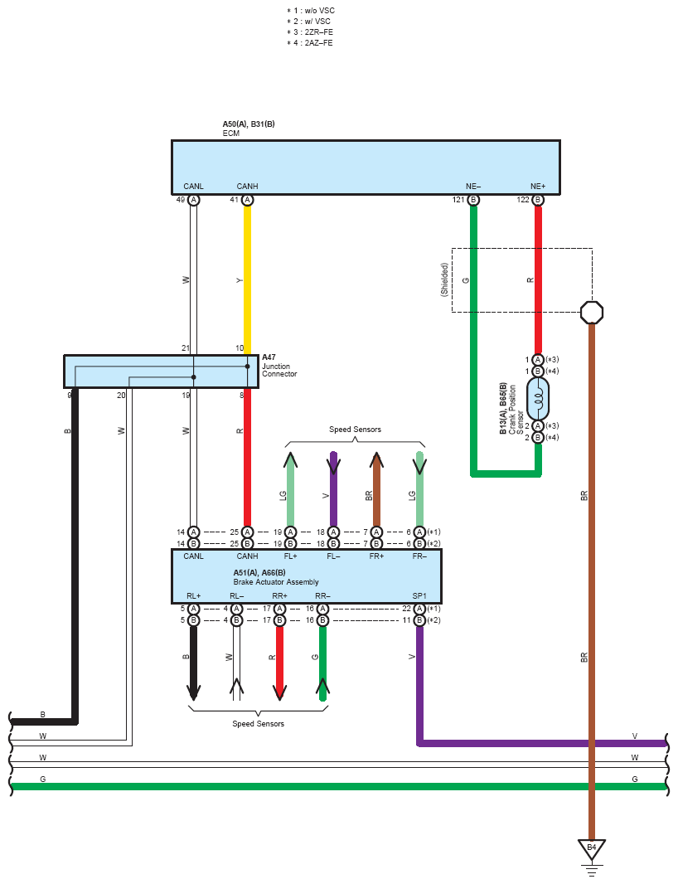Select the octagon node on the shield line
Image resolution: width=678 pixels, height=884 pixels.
(592, 313)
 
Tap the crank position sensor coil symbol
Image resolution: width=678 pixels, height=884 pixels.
(538, 399)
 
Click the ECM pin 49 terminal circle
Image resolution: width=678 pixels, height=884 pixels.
(193, 200)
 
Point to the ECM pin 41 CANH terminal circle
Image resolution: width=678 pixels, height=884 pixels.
(248, 200)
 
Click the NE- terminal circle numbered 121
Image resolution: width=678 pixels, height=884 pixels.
(473, 200)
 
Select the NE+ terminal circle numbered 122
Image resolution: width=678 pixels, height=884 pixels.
(538, 200)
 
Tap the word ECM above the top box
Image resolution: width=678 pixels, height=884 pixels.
(231, 134)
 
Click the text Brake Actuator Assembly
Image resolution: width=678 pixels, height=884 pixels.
(276, 582)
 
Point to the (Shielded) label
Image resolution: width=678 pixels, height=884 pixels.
(444, 279)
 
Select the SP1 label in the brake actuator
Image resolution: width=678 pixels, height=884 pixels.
(419, 596)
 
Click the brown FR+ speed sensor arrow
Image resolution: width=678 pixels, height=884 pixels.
(376, 489)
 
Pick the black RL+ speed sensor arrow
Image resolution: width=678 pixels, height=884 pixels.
(193, 663)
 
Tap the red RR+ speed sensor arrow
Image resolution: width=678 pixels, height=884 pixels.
(279, 663)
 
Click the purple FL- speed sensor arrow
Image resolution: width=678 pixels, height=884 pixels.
(334, 489)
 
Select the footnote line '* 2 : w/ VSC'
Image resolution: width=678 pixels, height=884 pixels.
(309, 22)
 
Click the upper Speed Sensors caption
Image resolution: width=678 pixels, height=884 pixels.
(355, 430)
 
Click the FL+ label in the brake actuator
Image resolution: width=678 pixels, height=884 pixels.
(290, 556)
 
